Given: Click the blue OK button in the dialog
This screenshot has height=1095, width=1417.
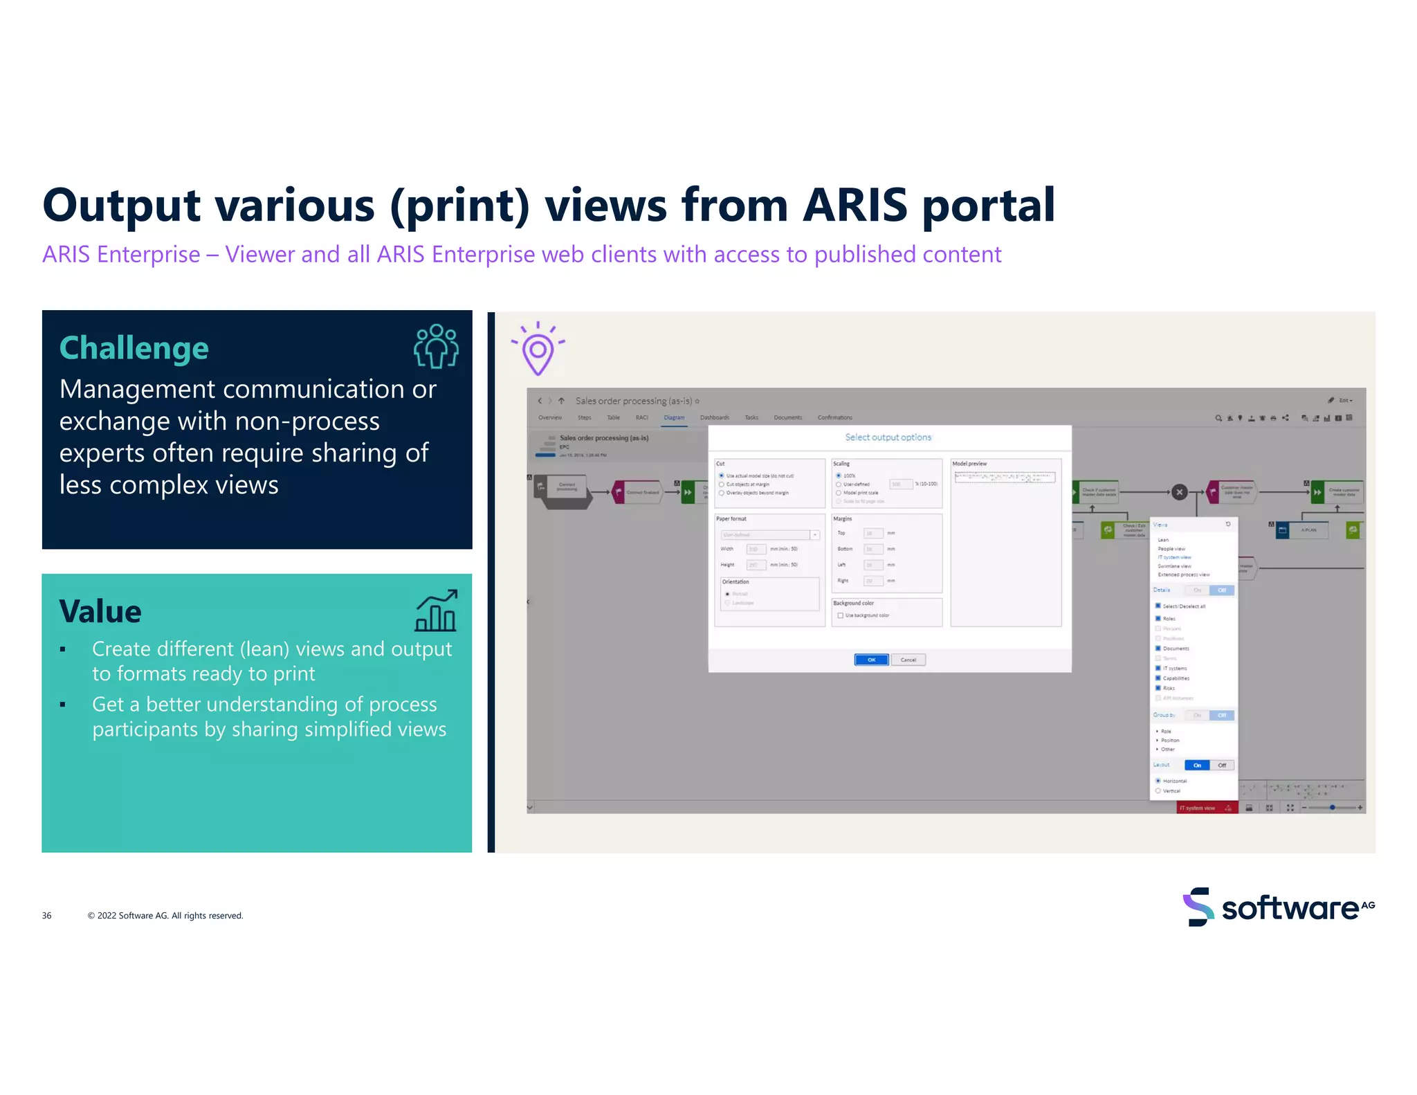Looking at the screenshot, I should pyautogui.click(x=871, y=660).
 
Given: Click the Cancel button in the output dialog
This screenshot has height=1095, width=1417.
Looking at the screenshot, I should pyautogui.click(x=908, y=660).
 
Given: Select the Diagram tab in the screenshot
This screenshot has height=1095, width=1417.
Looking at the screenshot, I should pyautogui.click(x=674, y=417).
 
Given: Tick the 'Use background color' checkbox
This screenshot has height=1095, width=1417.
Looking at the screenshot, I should pyautogui.click(x=840, y=615).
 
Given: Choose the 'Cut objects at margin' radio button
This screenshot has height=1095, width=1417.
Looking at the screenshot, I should pyautogui.click(x=722, y=485).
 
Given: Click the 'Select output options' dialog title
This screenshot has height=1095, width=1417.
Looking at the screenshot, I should pyautogui.click(x=888, y=437).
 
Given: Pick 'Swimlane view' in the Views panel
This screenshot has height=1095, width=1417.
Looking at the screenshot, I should pyautogui.click(x=1174, y=566).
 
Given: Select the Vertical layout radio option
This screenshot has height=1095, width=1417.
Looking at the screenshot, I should pyautogui.click(x=1158, y=790).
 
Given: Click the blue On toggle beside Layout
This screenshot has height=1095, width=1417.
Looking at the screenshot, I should pyautogui.click(x=1197, y=765).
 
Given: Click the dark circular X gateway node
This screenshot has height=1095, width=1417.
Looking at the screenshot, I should pyautogui.click(x=1180, y=492).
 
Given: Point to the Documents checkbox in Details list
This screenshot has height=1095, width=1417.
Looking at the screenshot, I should pyautogui.click(x=1158, y=649).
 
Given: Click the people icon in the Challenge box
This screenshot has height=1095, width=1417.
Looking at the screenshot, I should pyautogui.click(x=436, y=346).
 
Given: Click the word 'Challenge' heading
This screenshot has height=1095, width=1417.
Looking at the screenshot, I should pyautogui.click(x=134, y=348).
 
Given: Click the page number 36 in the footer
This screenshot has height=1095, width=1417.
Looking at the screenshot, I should pyautogui.click(x=46, y=916).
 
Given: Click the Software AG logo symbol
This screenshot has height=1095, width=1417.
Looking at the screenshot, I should pyautogui.click(x=1198, y=907).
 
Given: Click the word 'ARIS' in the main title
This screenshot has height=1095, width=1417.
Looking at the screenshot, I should pyautogui.click(x=854, y=206).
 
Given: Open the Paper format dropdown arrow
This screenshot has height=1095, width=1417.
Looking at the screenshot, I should pyautogui.click(x=815, y=534).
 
